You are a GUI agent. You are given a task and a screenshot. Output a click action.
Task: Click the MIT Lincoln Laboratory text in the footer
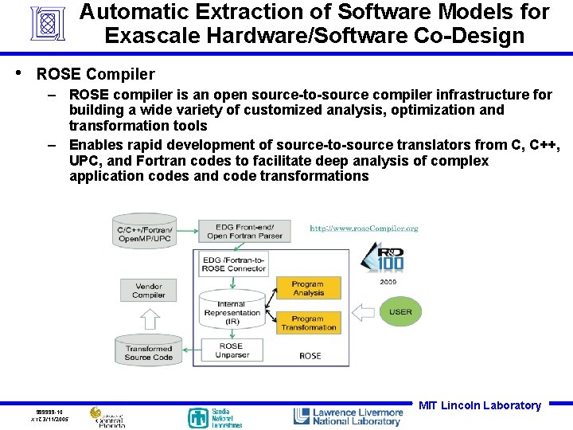click(479, 405)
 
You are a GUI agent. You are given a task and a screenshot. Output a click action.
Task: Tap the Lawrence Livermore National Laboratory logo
click(348, 416)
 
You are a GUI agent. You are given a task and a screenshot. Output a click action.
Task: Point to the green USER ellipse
click(400, 311)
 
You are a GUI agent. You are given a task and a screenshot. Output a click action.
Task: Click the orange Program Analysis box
click(307, 288)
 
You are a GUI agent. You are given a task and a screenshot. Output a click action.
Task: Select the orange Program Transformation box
click(308, 322)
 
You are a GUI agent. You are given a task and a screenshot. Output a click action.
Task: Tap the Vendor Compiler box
click(148, 290)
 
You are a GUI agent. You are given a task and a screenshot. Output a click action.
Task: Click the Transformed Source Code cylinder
click(148, 350)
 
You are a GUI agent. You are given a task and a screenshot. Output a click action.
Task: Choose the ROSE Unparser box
click(231, 350)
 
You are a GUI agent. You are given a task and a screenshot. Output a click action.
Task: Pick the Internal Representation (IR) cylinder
click(232, 312)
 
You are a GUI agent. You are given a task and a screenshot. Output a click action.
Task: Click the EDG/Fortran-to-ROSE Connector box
click(233, 264)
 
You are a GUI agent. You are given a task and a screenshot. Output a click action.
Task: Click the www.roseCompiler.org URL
click(363, 229)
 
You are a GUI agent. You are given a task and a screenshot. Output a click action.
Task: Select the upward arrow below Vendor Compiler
click(148, 319)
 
